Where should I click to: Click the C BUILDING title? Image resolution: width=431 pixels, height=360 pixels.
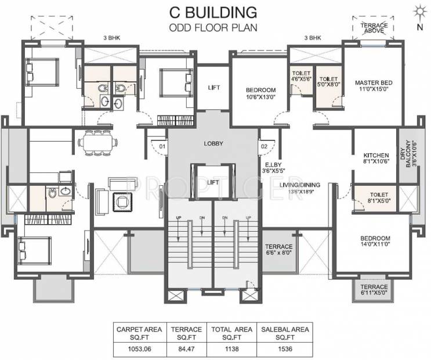click(x=213, y=13)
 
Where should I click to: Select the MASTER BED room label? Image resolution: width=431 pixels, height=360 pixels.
click(x=374, y=85)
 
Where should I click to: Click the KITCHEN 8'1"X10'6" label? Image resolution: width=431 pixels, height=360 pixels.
click(x=376, y=159)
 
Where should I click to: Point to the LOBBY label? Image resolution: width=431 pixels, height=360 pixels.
click(x=213, y=143)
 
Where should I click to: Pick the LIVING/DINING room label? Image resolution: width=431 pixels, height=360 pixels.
click(x=299, y=188)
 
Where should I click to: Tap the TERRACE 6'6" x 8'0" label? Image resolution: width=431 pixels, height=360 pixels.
click(x=278, y=249)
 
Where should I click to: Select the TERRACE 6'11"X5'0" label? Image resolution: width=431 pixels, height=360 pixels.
click(x=374, y=290)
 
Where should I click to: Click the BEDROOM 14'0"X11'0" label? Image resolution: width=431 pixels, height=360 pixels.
click(x=375, y=241)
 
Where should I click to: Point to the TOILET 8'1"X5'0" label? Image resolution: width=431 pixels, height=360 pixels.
click(x=379, y=197)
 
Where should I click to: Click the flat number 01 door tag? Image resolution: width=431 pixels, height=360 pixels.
click(x=162, y=146)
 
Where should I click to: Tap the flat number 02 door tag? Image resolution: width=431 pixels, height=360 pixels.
click(x=264, y=146)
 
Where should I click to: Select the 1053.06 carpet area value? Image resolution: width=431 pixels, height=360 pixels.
click(x=140, y=349)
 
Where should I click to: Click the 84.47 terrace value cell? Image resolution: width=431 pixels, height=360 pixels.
click(x=186, y=349)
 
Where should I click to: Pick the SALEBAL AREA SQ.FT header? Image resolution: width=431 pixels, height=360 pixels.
click(x=285, y=333)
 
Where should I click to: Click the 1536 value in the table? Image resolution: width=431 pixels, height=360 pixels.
click(x=285, y=349)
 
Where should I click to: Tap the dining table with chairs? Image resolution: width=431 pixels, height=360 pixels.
click(x=98, y=143)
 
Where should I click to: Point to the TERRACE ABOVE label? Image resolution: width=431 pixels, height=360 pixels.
click(x=374, y=28)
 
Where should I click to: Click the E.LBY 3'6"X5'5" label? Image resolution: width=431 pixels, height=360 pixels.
click(x=273, y=168)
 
